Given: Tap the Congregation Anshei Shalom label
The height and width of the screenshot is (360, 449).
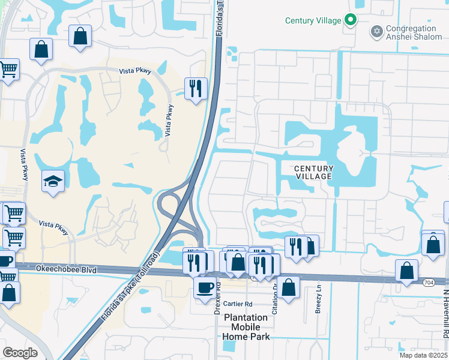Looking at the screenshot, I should pos(411,33).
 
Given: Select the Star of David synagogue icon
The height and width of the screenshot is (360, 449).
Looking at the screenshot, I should pos(377,31).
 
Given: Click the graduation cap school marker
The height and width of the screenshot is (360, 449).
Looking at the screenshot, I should pos(53,182).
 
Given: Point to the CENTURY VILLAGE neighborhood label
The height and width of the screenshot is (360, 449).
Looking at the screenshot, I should pos(313,173).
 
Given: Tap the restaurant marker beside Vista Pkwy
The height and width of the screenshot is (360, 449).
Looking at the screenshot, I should pos(196,89).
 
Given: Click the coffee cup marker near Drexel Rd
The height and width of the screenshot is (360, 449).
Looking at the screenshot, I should pos(205,287).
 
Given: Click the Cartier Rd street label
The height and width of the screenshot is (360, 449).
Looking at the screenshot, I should pos(240,304).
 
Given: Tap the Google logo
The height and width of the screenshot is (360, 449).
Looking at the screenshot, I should pos(20,352).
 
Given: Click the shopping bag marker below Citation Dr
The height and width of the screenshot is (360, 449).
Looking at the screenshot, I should pos(289,287).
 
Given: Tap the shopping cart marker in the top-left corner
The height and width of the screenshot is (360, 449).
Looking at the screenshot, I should pos(8,70).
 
